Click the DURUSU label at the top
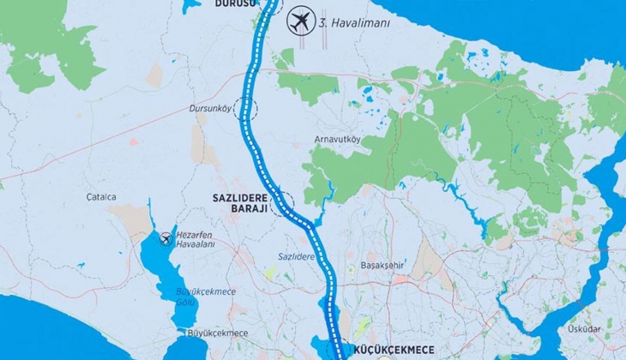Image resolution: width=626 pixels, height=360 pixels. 226,3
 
